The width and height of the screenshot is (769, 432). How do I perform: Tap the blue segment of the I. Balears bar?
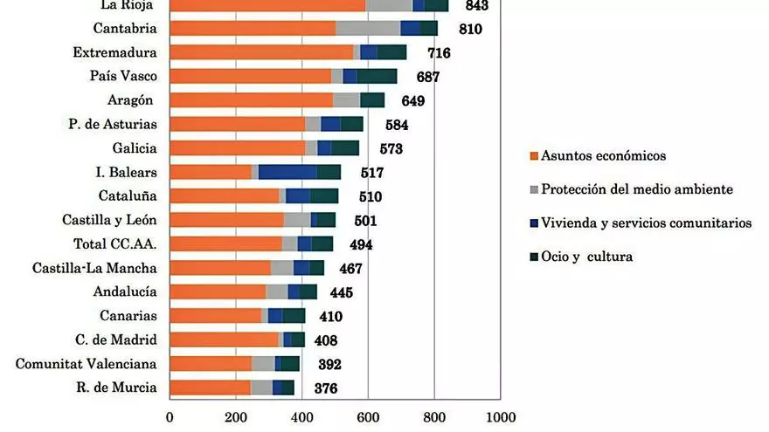point(288,172)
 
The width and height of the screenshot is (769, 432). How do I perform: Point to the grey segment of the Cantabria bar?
point(368,29)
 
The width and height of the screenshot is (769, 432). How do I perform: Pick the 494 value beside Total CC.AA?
point(361,244)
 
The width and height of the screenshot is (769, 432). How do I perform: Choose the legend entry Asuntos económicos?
point(603,156)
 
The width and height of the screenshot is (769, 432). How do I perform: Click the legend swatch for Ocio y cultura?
point(534,257)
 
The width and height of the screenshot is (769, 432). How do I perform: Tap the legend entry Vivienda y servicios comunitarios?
point(646,223)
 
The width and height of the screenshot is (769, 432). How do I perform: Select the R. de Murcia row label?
point(116,387)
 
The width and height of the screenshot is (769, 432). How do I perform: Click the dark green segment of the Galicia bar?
point(345,148)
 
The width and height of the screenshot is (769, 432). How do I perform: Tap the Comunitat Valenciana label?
point(86,364)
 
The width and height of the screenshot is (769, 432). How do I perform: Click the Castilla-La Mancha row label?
point(94,268)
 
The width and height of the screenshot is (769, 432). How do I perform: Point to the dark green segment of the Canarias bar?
point(294,315)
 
